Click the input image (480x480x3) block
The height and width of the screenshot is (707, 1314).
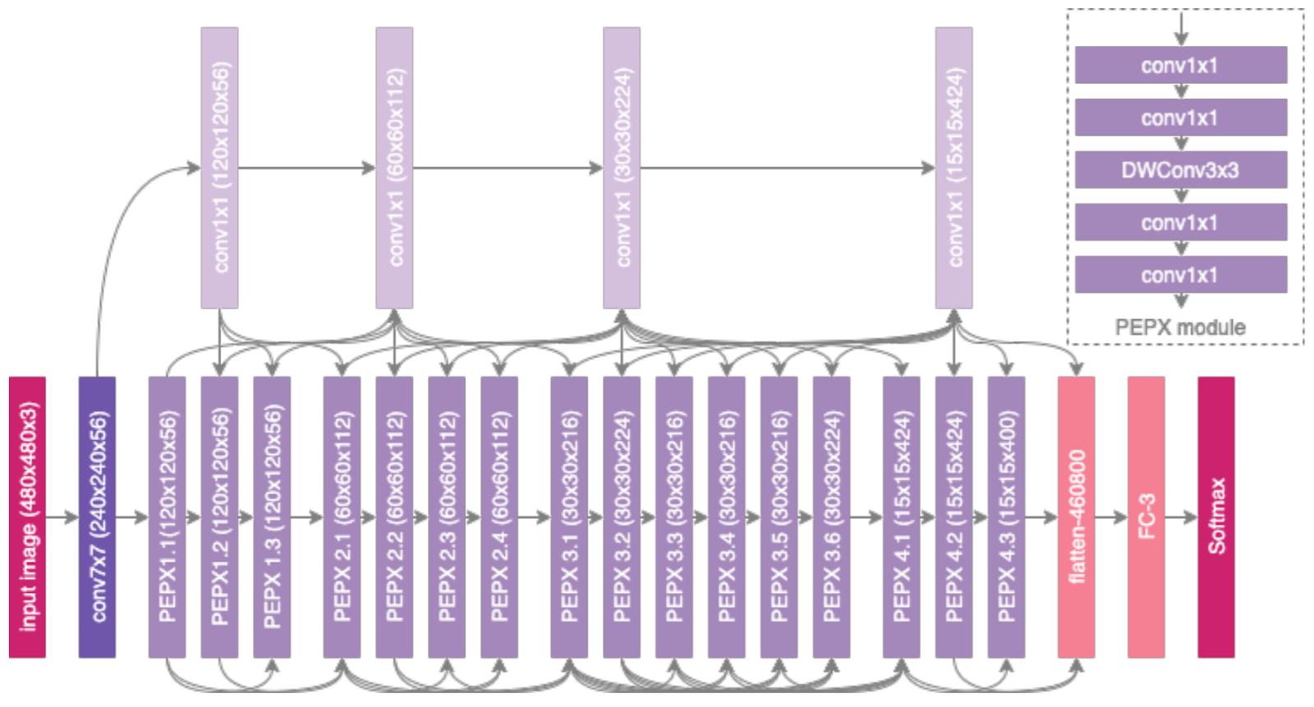27,517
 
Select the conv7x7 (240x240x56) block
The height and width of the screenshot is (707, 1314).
97,517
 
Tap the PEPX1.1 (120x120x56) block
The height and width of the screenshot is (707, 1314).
167,517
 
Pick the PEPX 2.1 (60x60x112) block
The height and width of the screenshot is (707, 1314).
342,517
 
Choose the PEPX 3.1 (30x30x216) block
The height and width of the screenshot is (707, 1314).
569,517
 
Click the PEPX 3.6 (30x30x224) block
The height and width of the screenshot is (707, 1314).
831,517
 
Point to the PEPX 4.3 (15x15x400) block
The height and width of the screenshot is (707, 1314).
1006,517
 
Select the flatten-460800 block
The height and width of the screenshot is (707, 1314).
1076,517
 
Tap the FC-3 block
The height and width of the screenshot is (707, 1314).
1146,517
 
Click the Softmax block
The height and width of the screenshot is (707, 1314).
1215,517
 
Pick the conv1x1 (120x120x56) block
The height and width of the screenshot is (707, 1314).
219,168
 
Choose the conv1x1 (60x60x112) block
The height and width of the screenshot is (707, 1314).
394,168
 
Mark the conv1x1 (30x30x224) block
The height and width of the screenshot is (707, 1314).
622,168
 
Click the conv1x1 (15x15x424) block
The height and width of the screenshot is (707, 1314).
953,168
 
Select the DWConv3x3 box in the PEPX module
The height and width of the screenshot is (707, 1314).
1180,170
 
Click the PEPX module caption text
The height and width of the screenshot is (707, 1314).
1180,327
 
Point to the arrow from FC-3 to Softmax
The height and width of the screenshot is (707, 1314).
1181,517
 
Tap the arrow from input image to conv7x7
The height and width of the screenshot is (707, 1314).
62,517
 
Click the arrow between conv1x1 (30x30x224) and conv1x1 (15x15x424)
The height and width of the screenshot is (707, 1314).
787,168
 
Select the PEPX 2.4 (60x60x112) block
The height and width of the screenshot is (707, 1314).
498,517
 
